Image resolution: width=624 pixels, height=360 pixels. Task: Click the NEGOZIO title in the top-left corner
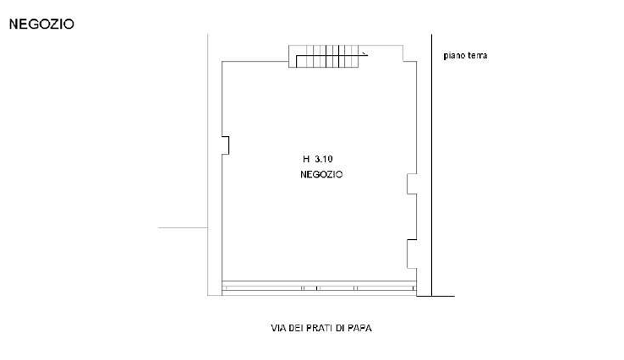pyautogui.click(x=41, y=24)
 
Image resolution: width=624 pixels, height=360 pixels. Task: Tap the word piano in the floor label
pyautogui.click(x=454, y=55)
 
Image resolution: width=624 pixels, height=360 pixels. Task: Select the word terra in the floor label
pyautogui.click(x=478, y=55)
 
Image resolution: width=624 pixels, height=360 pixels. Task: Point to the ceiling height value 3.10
pyautogui.click(x=324, y=159)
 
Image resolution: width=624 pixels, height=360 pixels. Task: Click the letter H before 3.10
pyautogui.click(x=306, y=159)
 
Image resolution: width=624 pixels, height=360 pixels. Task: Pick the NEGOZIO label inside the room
pyautogui.click(x=321, y=175)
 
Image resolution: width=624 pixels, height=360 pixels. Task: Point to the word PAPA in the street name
pyautogui.click(x=359, y=328)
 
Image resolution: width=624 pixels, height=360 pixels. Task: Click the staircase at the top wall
pyautogui.click(x=327, y=56)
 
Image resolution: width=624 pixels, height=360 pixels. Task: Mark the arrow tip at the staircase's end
pyautogui.click(x=367, y=55)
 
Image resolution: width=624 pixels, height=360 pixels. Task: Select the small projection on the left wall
pyautogui.click(x=226, y=145)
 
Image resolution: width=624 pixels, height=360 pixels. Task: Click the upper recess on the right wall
pyautogui.click(x=412, y=183)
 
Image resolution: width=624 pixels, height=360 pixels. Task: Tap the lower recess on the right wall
pyautogui.click(x=412, y=254)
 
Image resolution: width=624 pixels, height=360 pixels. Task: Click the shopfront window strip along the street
pyautogui.click(x=319, y=288)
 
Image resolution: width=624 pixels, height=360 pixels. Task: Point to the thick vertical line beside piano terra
pyautogui.click(x=432, y=165)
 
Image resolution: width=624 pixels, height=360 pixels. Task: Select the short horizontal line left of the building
pyautogui.click(x=183, y=228)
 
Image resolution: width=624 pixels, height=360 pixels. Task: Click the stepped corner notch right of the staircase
pyautogui.click(x=410, y=54)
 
